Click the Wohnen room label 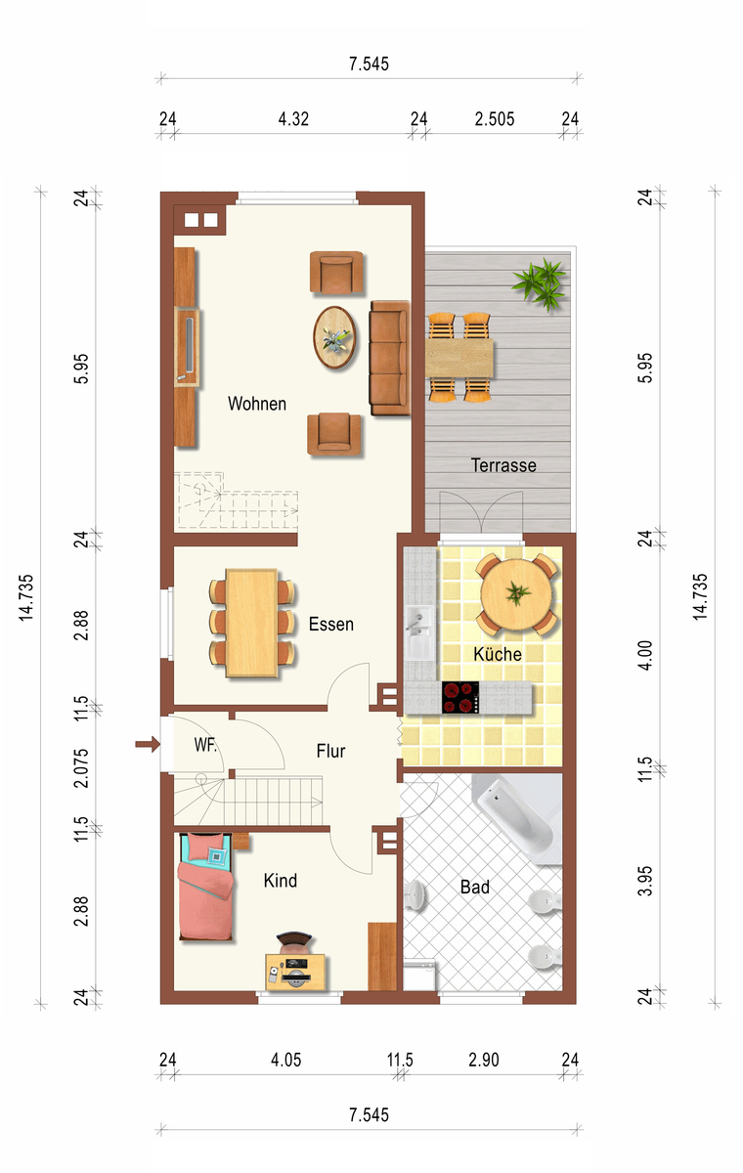point(257,404)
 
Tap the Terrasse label point(503,465)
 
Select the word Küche point(498,654)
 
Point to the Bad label point(475,887)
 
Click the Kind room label point(281,881)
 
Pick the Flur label point(330,751)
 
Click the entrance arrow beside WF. point(148,744)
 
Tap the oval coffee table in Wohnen point(334,338)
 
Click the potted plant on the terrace point(541,284)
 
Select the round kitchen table point(516,594)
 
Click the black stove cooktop point(460,697)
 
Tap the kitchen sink point(420,632)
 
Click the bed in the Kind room point(205,887)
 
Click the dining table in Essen point(252,624)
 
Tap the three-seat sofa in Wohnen point(389,358)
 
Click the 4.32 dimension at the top point(293,119)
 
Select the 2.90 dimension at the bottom point(483,1060)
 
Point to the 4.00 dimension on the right point(645,655)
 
